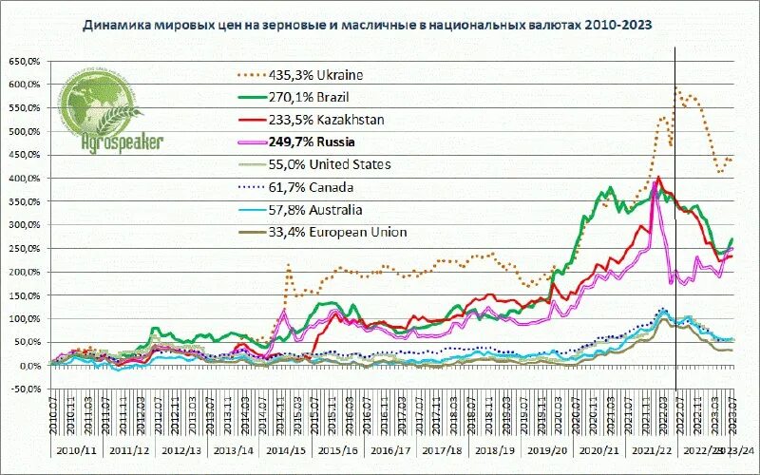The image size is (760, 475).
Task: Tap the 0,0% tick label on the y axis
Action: point(28,366)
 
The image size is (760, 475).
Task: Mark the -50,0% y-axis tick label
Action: point(25,389)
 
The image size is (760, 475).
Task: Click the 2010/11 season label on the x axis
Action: point(75,450)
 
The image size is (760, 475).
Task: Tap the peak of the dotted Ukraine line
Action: point(676,88)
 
